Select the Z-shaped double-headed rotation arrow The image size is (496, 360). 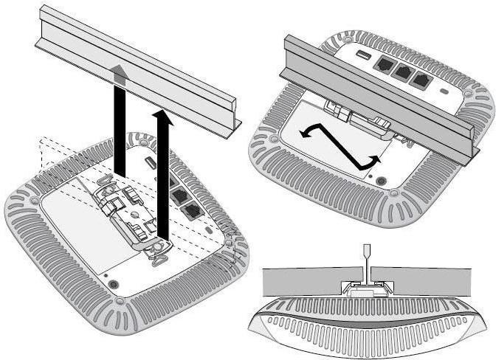point(340,145)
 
